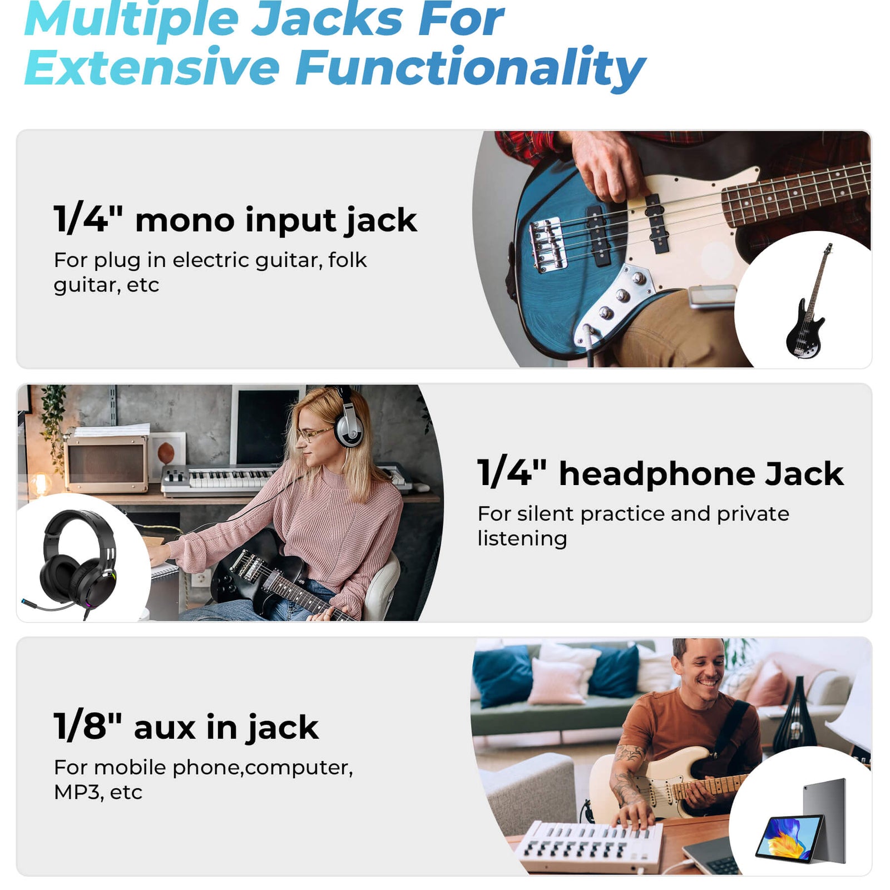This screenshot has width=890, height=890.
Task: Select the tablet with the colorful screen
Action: (801, 822)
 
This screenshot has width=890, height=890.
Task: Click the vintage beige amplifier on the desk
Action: (106, 462)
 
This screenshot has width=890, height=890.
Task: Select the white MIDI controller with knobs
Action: (590, 845)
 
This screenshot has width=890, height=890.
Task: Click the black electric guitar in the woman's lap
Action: (278, 578)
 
